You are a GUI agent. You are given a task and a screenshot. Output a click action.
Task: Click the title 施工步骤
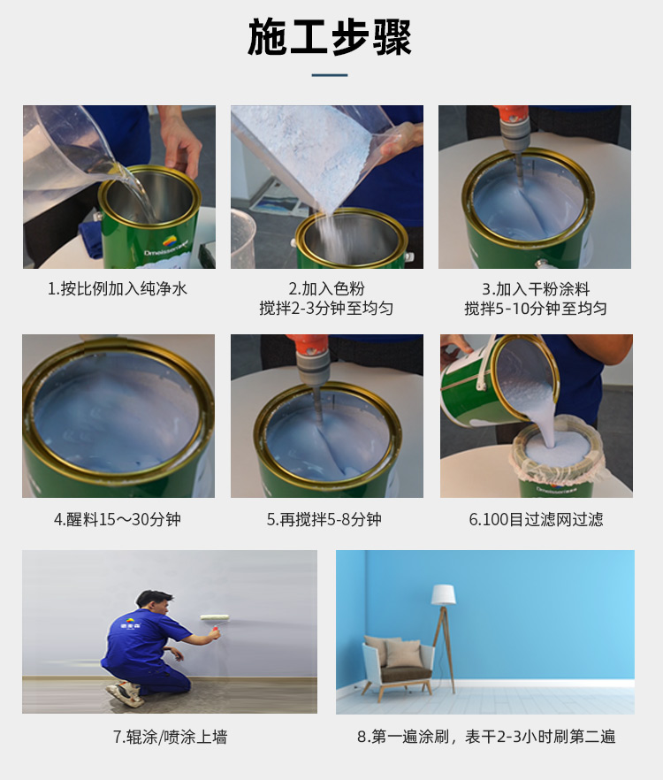point(330,37)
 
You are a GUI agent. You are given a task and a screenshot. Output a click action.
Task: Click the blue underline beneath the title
point(330,75)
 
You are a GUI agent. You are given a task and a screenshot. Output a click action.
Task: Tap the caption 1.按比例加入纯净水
point(118,288)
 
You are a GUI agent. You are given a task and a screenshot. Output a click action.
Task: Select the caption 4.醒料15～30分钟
point(118,519)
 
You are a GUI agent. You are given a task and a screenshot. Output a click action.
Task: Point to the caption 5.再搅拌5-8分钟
point(324,519)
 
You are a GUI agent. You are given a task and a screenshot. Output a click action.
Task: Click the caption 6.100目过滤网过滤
point(536,519)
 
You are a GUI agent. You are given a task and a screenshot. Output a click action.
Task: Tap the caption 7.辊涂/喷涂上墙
point(170,737)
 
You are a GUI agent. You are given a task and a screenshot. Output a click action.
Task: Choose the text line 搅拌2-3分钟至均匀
point(326,309)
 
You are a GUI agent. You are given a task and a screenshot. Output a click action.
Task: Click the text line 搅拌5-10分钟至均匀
point(536,309)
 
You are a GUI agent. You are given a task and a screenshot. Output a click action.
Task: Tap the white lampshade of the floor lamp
point(443,594)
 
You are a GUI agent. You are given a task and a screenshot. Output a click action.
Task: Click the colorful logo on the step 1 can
point(170,241)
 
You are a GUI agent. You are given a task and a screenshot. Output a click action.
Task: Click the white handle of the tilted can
point(484,363)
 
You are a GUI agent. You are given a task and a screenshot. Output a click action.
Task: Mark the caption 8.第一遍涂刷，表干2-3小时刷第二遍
point(486,737)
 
